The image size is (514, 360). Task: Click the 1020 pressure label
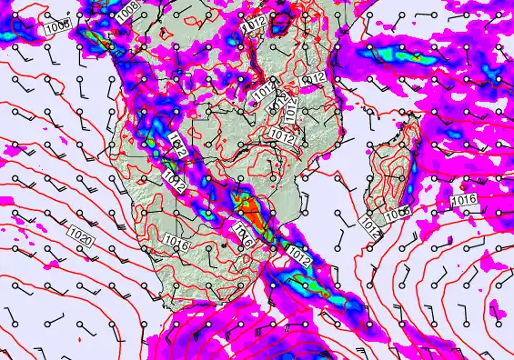pyautogui.click(x=80, y=239)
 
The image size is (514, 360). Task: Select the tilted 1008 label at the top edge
pyautogui.click(x=128, y=10)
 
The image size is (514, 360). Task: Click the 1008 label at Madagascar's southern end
pyautogui.click(x=397, y=215)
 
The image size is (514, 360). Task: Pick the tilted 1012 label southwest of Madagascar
pyautogui.click(x=368, y=225)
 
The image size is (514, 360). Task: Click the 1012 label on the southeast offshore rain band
pyautogui.click(x=300, y=260)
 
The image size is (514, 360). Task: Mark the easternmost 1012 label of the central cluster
pyautogui.click(x=314, y=79)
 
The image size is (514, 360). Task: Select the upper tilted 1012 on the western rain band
pyautogui.click(x=176, y=145)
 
